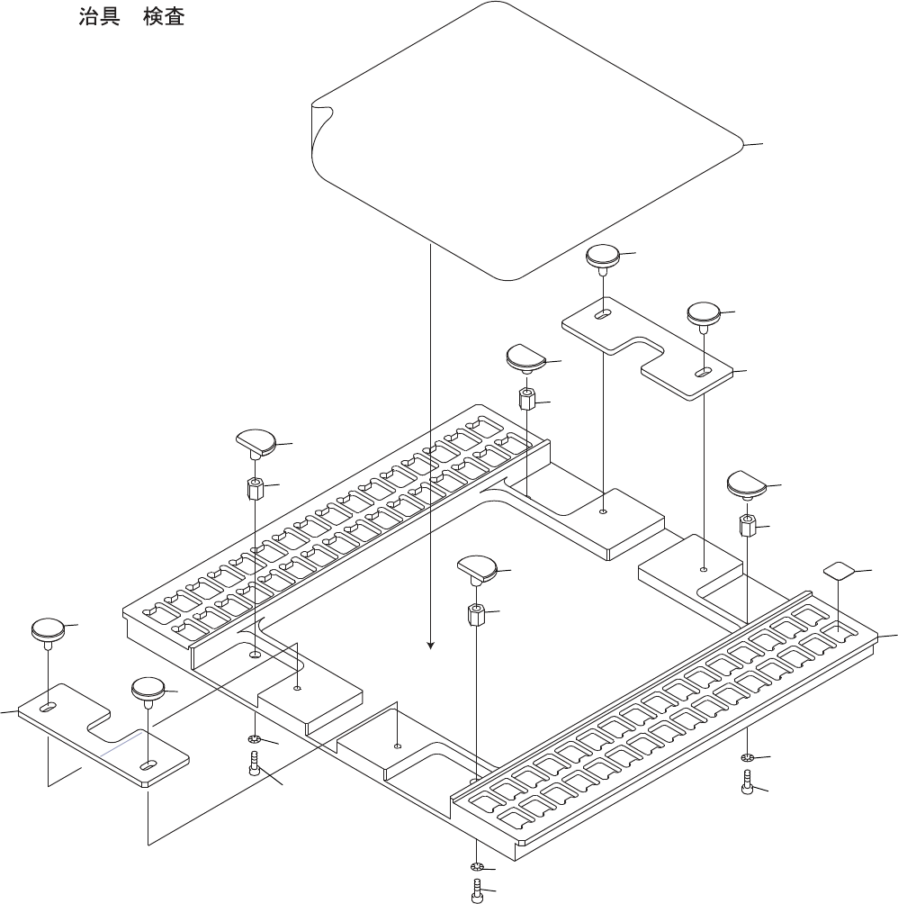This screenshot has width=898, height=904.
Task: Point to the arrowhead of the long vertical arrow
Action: pos(431,645)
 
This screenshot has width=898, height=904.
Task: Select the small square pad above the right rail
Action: pos(839,569)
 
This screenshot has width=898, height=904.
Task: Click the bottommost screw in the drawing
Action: pos(478,892)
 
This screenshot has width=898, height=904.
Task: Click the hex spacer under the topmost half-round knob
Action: pos(528,398)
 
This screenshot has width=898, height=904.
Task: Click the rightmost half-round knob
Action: pos(747,484)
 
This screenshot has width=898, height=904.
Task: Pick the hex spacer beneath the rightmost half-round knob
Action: pos(747,524)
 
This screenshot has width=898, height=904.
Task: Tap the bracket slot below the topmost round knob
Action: pos(603,315)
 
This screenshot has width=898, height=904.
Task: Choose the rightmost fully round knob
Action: pos(704,314)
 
